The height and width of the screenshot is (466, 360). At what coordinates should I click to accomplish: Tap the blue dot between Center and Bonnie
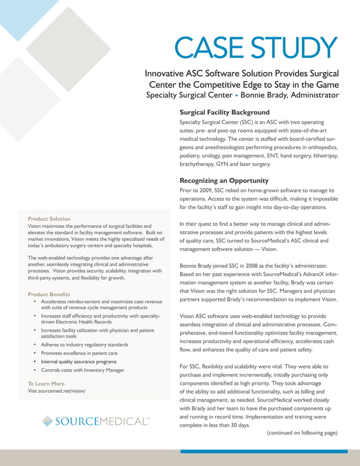coord(236,95)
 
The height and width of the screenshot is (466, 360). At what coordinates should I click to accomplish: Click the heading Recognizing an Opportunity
coord(223,181)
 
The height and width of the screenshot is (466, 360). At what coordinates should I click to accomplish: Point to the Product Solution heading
coord(49,218)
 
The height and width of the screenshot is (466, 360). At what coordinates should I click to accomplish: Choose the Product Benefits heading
coord(49,294)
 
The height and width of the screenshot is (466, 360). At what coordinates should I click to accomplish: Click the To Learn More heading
coord(46,384)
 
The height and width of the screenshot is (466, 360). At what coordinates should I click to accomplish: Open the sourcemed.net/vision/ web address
coord(56,391)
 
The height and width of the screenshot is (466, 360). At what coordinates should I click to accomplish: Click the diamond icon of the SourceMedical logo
coord(48,421)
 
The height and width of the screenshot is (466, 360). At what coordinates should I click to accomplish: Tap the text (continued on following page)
coord(302,433)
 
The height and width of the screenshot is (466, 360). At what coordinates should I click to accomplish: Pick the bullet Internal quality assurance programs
coord(79,361)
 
